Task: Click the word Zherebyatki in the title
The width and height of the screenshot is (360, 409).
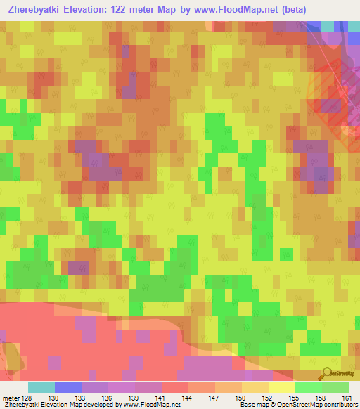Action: point(32,10)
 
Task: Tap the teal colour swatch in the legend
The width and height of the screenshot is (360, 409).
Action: point(41,387)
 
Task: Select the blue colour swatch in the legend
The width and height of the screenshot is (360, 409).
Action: point(68,387)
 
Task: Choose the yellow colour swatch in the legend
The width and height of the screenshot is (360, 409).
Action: point(281,387)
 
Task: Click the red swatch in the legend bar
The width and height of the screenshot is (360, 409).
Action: point(174,387)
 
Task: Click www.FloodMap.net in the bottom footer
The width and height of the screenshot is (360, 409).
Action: point(147,405)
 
